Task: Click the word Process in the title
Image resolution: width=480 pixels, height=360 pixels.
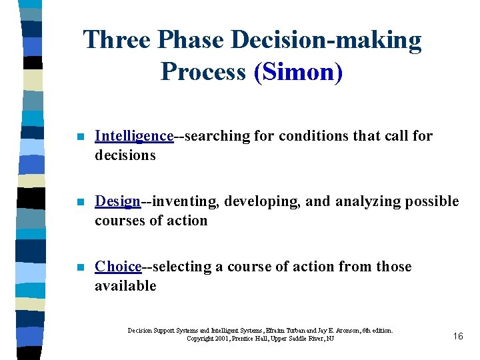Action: point(203,71)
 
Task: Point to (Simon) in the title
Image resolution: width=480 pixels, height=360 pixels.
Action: point(298,71)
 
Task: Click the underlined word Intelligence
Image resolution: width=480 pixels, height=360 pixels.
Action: point(134,136)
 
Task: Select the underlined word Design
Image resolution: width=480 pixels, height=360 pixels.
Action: point(118,201)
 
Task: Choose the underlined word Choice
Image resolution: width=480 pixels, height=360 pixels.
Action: point(118,267)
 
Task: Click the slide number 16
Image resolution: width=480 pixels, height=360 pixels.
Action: point(457,336)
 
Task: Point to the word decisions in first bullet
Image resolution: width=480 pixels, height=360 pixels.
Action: point(125,155)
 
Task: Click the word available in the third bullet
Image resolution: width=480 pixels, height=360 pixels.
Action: point(125,286)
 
